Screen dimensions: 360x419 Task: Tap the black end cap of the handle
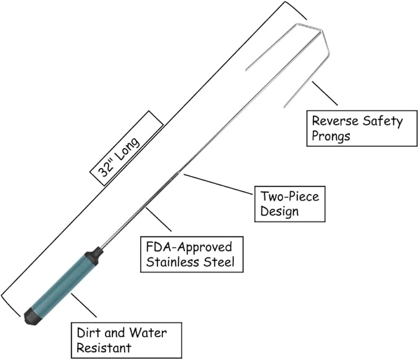pyautogui.click(x=31, y=317)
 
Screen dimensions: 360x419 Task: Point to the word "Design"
pyautogui.click(x=279, y=211)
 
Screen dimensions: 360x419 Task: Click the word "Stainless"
pyautogui.click(x=167, y=262)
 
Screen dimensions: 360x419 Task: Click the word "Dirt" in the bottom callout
pyautogui.click(x=87, y=333)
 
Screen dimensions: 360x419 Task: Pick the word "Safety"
pyautogui.click(x=377, y=121)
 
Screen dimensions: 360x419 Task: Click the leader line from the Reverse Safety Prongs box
pyautogui.click(x=324, y=93)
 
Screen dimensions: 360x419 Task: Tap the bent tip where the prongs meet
pyautogui.click(x=322, y=31)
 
